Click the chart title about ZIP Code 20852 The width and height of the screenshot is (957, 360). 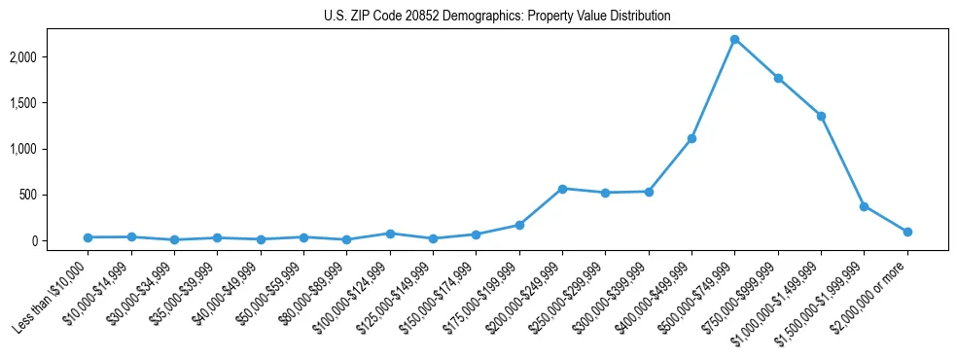(497, 17)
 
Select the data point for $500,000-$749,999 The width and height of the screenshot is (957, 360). (734, 39)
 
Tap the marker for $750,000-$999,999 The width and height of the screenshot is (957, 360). (778, 78)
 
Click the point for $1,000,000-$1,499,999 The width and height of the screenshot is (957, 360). (821, 116)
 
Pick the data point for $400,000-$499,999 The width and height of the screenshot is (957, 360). (691, 138)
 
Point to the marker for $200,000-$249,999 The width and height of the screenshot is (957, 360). (562, 188)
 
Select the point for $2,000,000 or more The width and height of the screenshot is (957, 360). (907, 232)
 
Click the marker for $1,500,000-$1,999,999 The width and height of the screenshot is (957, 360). (864, 206)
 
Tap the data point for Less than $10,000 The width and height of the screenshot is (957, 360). (88, 237)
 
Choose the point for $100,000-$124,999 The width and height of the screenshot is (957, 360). (390, 234)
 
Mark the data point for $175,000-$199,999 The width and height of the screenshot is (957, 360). (519, 225)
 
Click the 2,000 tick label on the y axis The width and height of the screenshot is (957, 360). (49, 57)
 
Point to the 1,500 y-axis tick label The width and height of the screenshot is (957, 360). (49, 103)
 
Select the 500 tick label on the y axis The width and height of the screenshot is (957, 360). (54, 195)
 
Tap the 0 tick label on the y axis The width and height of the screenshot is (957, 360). (60, 240)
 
